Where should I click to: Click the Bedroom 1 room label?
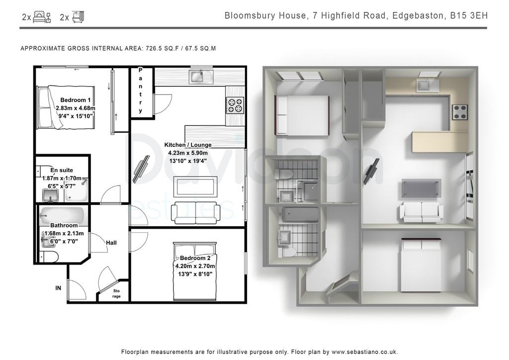tap(76, 100)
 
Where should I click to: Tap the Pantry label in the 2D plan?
tap(141, 90)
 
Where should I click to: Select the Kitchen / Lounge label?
tap(187, 145)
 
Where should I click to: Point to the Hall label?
tap(111, 243)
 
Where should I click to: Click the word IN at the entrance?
tap(58, 288)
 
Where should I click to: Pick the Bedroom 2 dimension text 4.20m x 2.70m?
tap(195, 266)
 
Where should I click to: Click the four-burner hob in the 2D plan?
tap(235, 105)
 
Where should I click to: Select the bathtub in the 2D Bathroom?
tap(62, 215)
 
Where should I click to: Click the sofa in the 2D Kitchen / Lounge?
tap(195, 213)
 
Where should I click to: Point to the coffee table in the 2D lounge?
tap(195, 186)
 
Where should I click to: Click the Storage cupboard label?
tap(116, 293)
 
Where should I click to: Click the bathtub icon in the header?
tap(78, 16)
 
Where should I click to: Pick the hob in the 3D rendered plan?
tap(460, 112)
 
